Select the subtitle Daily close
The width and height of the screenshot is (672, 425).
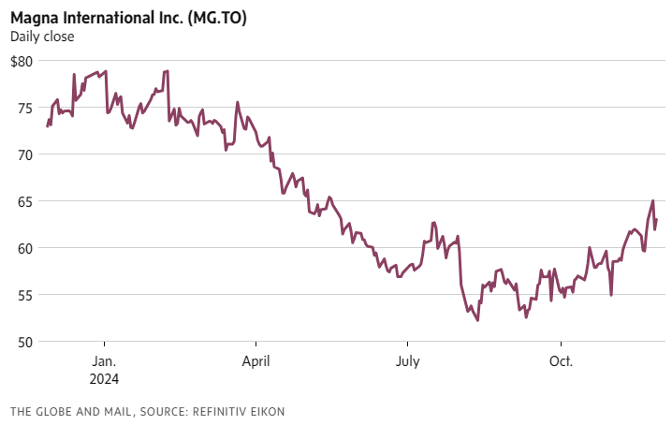tap(42, 37)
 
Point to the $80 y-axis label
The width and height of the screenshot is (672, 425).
tap(22, 61)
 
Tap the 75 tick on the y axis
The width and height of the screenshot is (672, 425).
tap(25, 108)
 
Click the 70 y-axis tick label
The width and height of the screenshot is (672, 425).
tap(25, 154)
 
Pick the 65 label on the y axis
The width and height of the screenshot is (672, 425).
tap(25, 201)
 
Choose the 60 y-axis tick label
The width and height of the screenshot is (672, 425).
tap(25, 248)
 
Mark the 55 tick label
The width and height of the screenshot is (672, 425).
tap(25, 295)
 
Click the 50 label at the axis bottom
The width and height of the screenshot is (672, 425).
tap(25, 342)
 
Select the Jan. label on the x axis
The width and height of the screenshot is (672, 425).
tap(104, 361)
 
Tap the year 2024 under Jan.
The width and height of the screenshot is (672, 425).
tap(105, 379)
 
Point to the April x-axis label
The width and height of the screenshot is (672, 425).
tap(256, 361)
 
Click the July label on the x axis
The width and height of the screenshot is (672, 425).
tap(407, 361)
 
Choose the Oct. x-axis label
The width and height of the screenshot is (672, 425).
tap(560, 361)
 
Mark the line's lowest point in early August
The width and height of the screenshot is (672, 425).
tap(477, 320)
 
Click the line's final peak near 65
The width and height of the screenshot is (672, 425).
tap(652, 200)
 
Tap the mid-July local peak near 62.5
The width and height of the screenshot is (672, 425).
tap(434, 223)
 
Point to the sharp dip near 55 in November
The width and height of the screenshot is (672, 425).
tap(611, 295)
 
